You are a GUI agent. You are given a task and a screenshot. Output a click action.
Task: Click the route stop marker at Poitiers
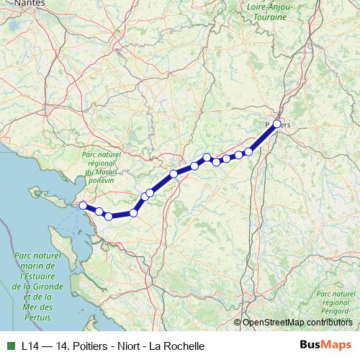(x=277, y=125)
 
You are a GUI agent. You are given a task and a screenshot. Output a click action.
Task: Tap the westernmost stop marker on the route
(x=83, y=206)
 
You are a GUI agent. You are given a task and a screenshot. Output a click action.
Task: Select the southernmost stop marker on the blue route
(x=108, y=216)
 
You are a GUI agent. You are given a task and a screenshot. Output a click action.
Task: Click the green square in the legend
(x=9, y=345)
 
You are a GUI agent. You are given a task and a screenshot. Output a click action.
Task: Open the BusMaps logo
(x=325, y=345)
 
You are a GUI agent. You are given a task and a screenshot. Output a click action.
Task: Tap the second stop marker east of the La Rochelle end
(x=108, y=216)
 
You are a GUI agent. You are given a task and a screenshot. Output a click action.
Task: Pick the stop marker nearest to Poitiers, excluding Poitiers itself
(x=249, y=151)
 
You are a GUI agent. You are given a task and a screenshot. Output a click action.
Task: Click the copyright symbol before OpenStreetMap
(x=238, y=323)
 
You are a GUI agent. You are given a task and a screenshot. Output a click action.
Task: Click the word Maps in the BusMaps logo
(x=336, y=345)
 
